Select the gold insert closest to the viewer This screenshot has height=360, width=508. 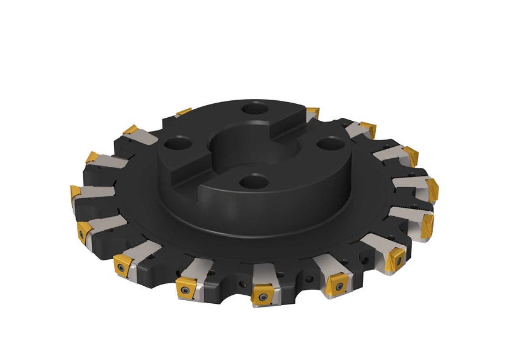point(263,295)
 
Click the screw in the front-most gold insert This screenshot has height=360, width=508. point(263,297)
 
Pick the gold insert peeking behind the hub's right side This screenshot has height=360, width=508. point(312,112)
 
